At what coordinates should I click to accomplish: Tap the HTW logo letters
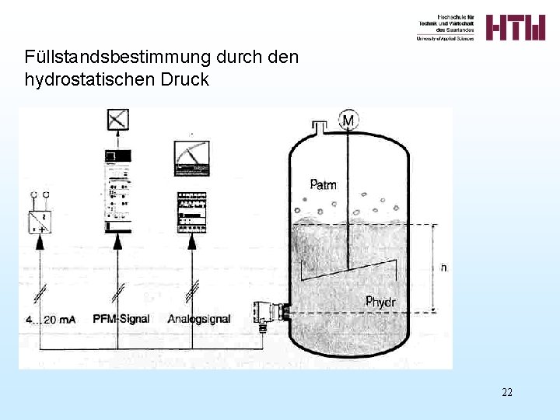(516, 27)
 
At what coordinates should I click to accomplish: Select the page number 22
(506, 392)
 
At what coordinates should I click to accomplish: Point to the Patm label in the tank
(323, 184)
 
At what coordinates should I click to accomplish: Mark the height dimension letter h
(443, 268)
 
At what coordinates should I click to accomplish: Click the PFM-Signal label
(122, 319)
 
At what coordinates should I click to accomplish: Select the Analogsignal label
(199, 319)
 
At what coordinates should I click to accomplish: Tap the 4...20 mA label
(51, 320)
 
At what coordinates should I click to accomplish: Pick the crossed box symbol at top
(117, 119)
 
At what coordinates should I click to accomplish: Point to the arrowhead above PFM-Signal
(117, 243)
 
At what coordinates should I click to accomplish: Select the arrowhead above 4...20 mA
(40, 243)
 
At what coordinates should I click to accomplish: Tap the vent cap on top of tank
(319, 125)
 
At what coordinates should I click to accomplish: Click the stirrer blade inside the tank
(348, 269)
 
